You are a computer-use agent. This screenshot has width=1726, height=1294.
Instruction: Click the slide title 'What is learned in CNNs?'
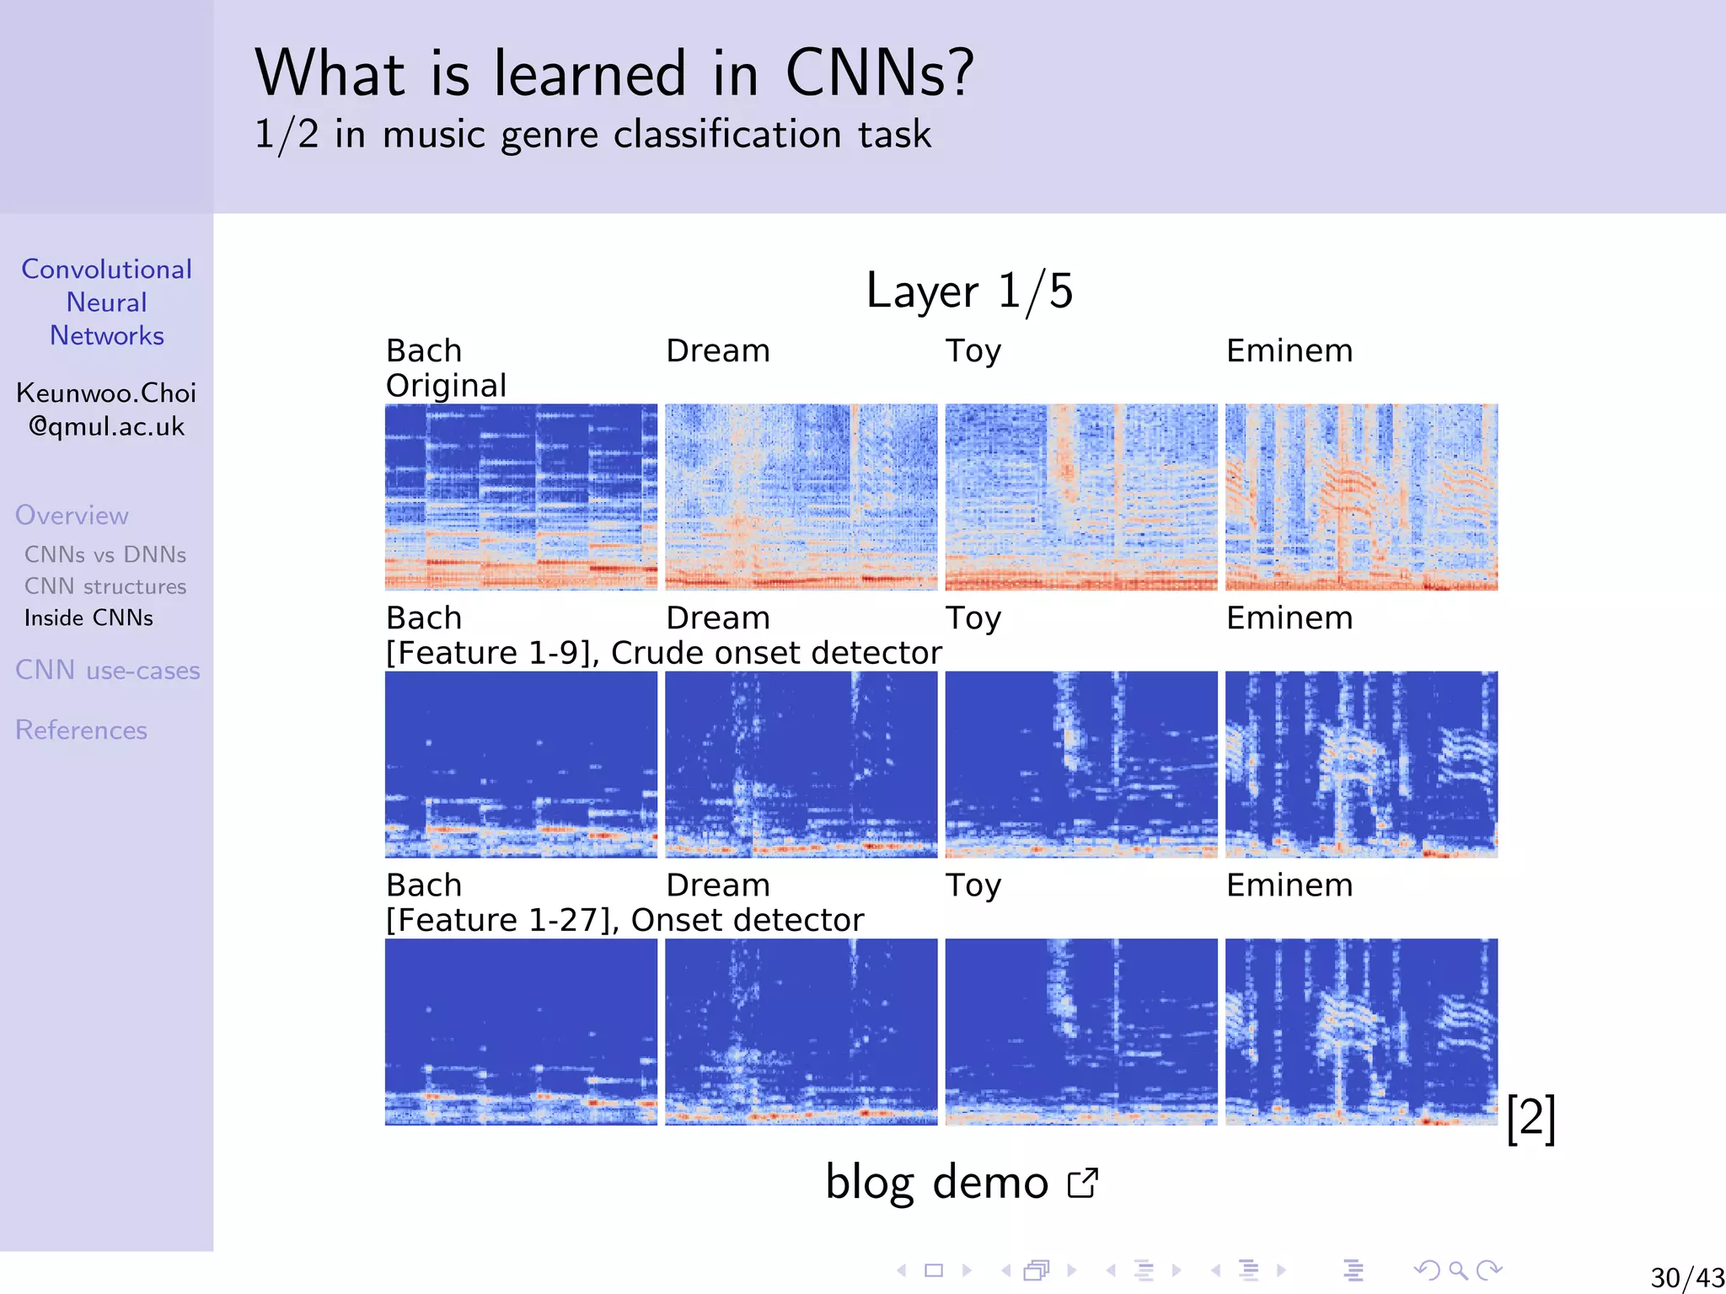[614, 73]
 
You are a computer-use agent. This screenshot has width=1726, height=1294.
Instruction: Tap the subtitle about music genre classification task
[592, 135]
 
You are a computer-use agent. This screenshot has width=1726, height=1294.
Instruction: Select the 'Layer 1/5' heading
[969, 291]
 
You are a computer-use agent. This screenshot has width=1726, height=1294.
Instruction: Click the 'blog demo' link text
[936, 1182]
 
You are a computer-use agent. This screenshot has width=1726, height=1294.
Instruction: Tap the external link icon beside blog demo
[1083, 1183]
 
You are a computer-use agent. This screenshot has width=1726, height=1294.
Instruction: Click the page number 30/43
[1686, 1277]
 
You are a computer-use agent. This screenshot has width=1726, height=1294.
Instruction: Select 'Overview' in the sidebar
[72, 516]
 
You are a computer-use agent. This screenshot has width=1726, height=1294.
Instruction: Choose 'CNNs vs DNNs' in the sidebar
[105, 554]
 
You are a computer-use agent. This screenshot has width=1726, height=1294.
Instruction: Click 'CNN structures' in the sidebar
[105, 586]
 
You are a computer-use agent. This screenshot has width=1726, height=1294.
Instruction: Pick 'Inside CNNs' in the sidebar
[88, 618]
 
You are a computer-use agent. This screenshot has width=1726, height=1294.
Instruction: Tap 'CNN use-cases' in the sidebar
[108, 671]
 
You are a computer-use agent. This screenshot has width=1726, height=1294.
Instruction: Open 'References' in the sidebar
[81, 730]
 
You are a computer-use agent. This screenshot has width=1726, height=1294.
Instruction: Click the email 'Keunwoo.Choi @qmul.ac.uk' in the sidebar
[106, 409]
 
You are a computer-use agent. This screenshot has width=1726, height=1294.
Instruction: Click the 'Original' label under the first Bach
[446, 386]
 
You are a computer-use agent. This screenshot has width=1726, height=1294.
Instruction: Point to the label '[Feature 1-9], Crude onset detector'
[663, 653]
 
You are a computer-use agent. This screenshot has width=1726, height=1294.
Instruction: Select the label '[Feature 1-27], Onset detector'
[624, 920]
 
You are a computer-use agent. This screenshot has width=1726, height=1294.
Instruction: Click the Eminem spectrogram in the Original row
[1361, 497]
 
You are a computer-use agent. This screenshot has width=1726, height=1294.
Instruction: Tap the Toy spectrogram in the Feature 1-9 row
[1081, 764]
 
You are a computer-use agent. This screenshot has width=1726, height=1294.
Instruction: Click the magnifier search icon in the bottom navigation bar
[1458, 1270]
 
